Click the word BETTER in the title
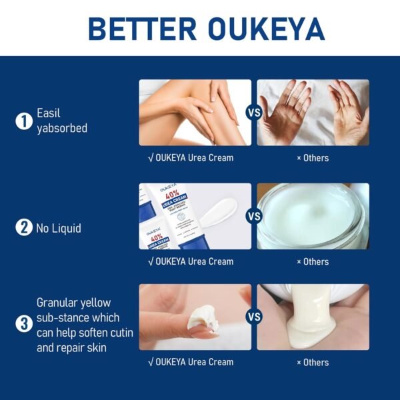point(139,28)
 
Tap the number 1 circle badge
point(24,121)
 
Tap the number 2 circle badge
point(24,227)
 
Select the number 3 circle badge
point(24,325)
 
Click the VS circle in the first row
point(254,113)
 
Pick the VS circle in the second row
point(254,216)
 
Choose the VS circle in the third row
point(254,317)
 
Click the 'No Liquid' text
point(59,228)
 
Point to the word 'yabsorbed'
point(62,128)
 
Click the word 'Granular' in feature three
point(57,303)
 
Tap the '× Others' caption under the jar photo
point(313,261)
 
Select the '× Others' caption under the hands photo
point(313,158)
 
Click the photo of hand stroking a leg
point(195,112)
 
